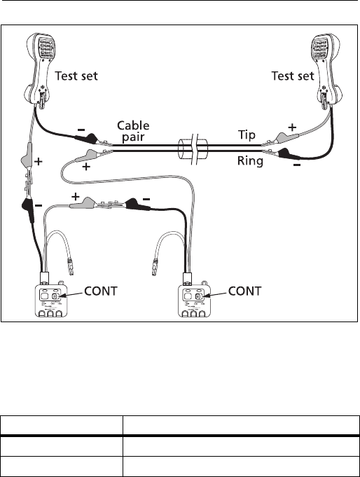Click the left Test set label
(76, 76)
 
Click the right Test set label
(293, 76)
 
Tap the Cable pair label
(133, 131)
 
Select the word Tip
(247, 134)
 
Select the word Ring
(250, 160)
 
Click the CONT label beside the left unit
(100, 291)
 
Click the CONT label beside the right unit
(244, 291)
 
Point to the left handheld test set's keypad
(46, 48)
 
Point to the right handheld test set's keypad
(319, 48)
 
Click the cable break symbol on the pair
(193, 148)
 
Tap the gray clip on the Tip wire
(279, 138)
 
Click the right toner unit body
(194, 300)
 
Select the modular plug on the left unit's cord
(71, 267)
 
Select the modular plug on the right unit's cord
(155, 267)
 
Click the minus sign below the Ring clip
(297, 165)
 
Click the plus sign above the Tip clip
(292, 127)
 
